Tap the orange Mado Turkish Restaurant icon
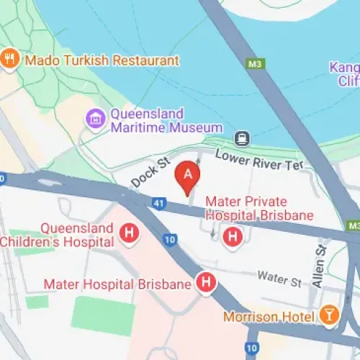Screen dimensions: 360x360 (x=9, y=60)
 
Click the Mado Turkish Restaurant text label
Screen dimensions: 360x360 (x=101, y=60)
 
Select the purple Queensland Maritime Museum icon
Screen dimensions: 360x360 (x=94, y=120)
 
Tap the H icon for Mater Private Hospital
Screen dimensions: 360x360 (x=233, y=235)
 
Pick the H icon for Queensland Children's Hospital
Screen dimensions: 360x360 (x=129, y=233)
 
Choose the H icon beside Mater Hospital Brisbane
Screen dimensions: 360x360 (x=207, y=283)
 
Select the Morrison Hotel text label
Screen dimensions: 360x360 (x=269, y=316)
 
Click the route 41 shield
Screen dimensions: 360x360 (x=158, y=204)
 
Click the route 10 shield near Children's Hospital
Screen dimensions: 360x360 (x=169, y=239)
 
